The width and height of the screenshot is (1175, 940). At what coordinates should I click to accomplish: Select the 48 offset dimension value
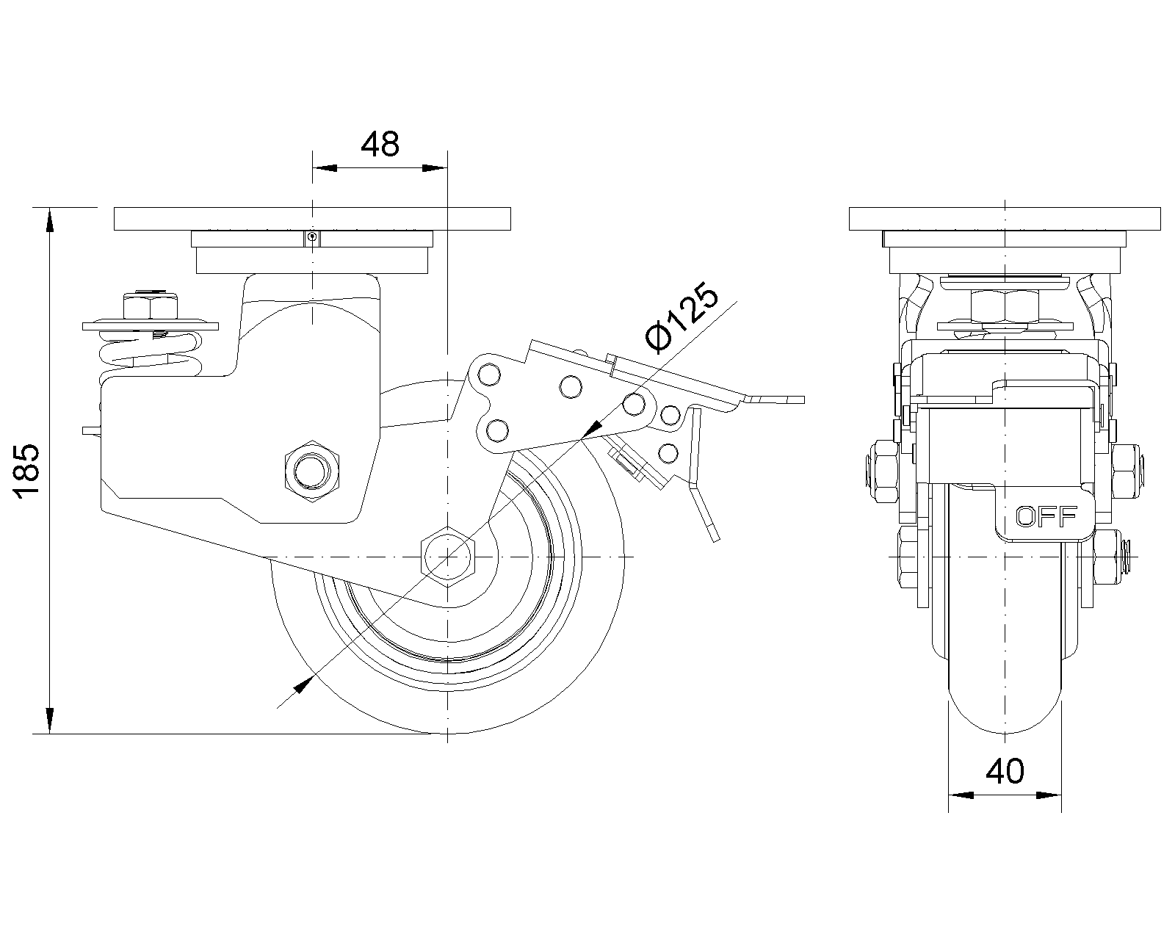(380, 145)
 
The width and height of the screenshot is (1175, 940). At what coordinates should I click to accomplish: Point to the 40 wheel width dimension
(1005, 771)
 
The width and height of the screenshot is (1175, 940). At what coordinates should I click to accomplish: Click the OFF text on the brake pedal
(1046, 517)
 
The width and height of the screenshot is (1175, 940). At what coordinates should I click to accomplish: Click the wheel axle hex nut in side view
(447, 557)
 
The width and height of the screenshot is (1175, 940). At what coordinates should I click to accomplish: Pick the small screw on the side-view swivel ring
(313, 237)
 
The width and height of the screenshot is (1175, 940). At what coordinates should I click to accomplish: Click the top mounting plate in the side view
(312, 219)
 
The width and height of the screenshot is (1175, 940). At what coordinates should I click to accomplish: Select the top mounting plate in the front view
(1005, 219)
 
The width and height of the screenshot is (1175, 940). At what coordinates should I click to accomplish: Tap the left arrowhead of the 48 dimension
(324, 169)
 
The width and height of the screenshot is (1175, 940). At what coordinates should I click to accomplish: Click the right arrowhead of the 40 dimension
(1052, 795)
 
